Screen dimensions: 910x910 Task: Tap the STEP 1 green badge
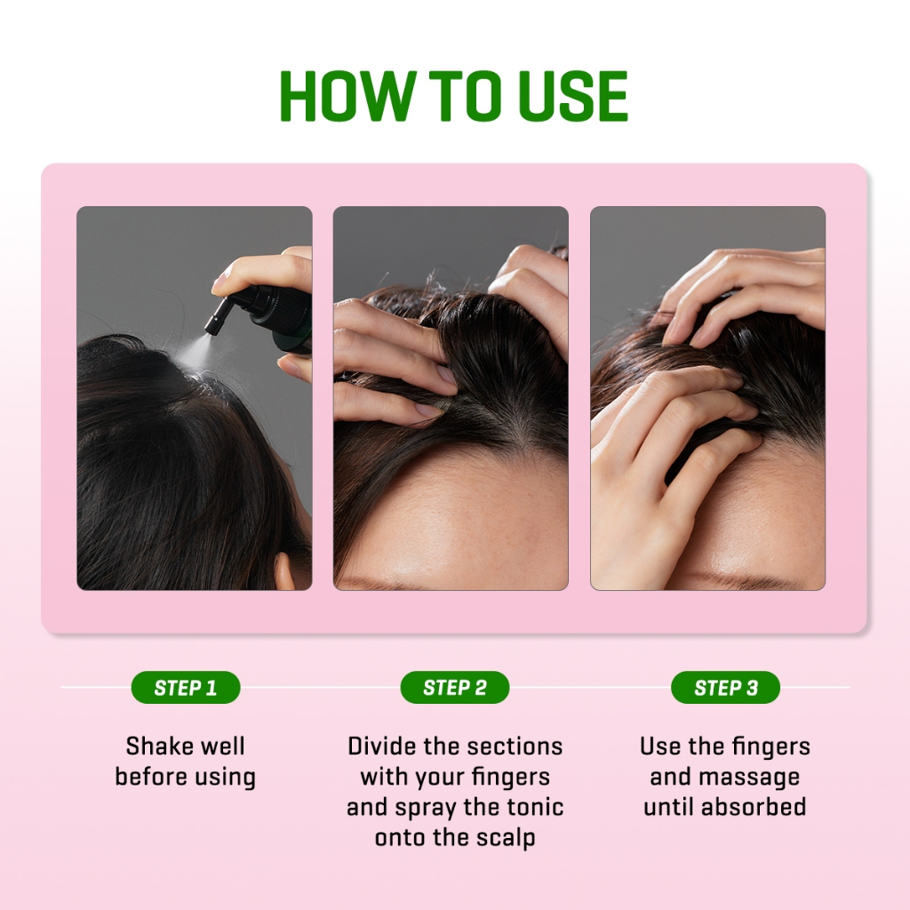[x=185, y=688]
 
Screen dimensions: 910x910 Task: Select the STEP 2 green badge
[x=455, y=688]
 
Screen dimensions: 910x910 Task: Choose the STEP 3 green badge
[x=725, y=688]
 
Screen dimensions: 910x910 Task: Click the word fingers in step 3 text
[x=769, y=746]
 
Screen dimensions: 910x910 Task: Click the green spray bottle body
[x=289, y=315]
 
